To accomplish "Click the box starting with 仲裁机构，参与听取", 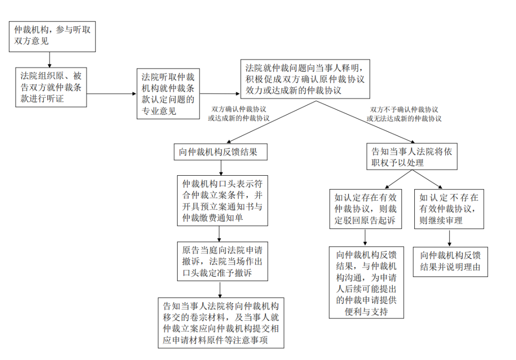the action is (x=53, y=36).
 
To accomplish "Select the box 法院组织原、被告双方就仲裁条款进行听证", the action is (x=51, y=87).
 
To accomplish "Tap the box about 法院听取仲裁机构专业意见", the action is (x=168, y=94).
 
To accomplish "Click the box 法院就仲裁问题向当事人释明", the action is (x=305, y=79).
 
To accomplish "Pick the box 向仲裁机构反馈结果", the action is (x=220, y=152).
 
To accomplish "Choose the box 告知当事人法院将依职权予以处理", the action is (x=412, y=157).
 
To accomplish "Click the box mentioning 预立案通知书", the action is (x=223, y=201).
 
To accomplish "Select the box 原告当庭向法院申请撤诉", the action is (x=223, y=261).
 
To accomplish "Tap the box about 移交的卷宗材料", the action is (x=221, y=323).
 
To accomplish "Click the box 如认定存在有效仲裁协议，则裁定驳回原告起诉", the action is (x=365, y=209).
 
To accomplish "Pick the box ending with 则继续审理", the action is (x=449, y=209).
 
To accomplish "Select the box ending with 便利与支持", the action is (x=366, y=282).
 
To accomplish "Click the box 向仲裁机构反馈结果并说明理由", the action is (x=450, y=262).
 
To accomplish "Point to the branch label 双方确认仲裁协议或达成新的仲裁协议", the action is (x=238, y=114).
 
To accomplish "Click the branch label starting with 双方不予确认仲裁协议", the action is (x=404, y=114).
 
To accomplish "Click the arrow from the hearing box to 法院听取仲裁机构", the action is (x=111, y=94).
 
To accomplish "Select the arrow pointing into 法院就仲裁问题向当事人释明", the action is (x=220, y=94).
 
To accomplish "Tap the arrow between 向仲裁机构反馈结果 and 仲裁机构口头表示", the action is (x=221, y=168).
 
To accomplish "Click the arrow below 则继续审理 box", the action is (x=450, y=238).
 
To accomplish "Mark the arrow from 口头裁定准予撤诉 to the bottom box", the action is (x=220, y=290).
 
